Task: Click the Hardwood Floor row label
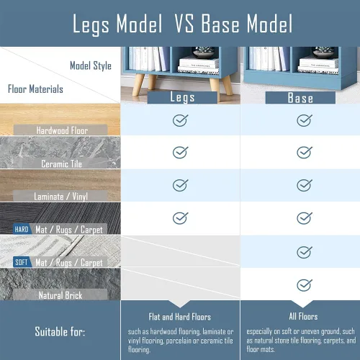(x=62, y=130)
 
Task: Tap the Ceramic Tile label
(x=61, y=163)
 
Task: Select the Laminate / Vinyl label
(x=60, y=197)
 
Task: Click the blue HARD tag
(x=22, y=229)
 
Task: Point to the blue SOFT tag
(x=22, y=262)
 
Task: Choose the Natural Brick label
(x=60, y=295)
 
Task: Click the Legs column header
(x=182, y=97)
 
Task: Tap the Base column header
(x=300, y=98)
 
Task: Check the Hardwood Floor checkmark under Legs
(x=180, y=120)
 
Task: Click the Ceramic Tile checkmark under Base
(x=305, y=152)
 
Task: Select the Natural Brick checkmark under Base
(x=305, y=285)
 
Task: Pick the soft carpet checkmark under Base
(x=305, y=252)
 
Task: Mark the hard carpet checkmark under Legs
(x=180, y=218)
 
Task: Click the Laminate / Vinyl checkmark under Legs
(x=180, y=185)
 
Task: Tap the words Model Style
(x=91, y=66)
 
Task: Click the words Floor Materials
(x=35, y=89)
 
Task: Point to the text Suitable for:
(x=60, y=332)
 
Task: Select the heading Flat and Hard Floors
(x=180, y=317)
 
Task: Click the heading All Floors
(x=303, y=316)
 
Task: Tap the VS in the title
(x=184, y=23)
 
